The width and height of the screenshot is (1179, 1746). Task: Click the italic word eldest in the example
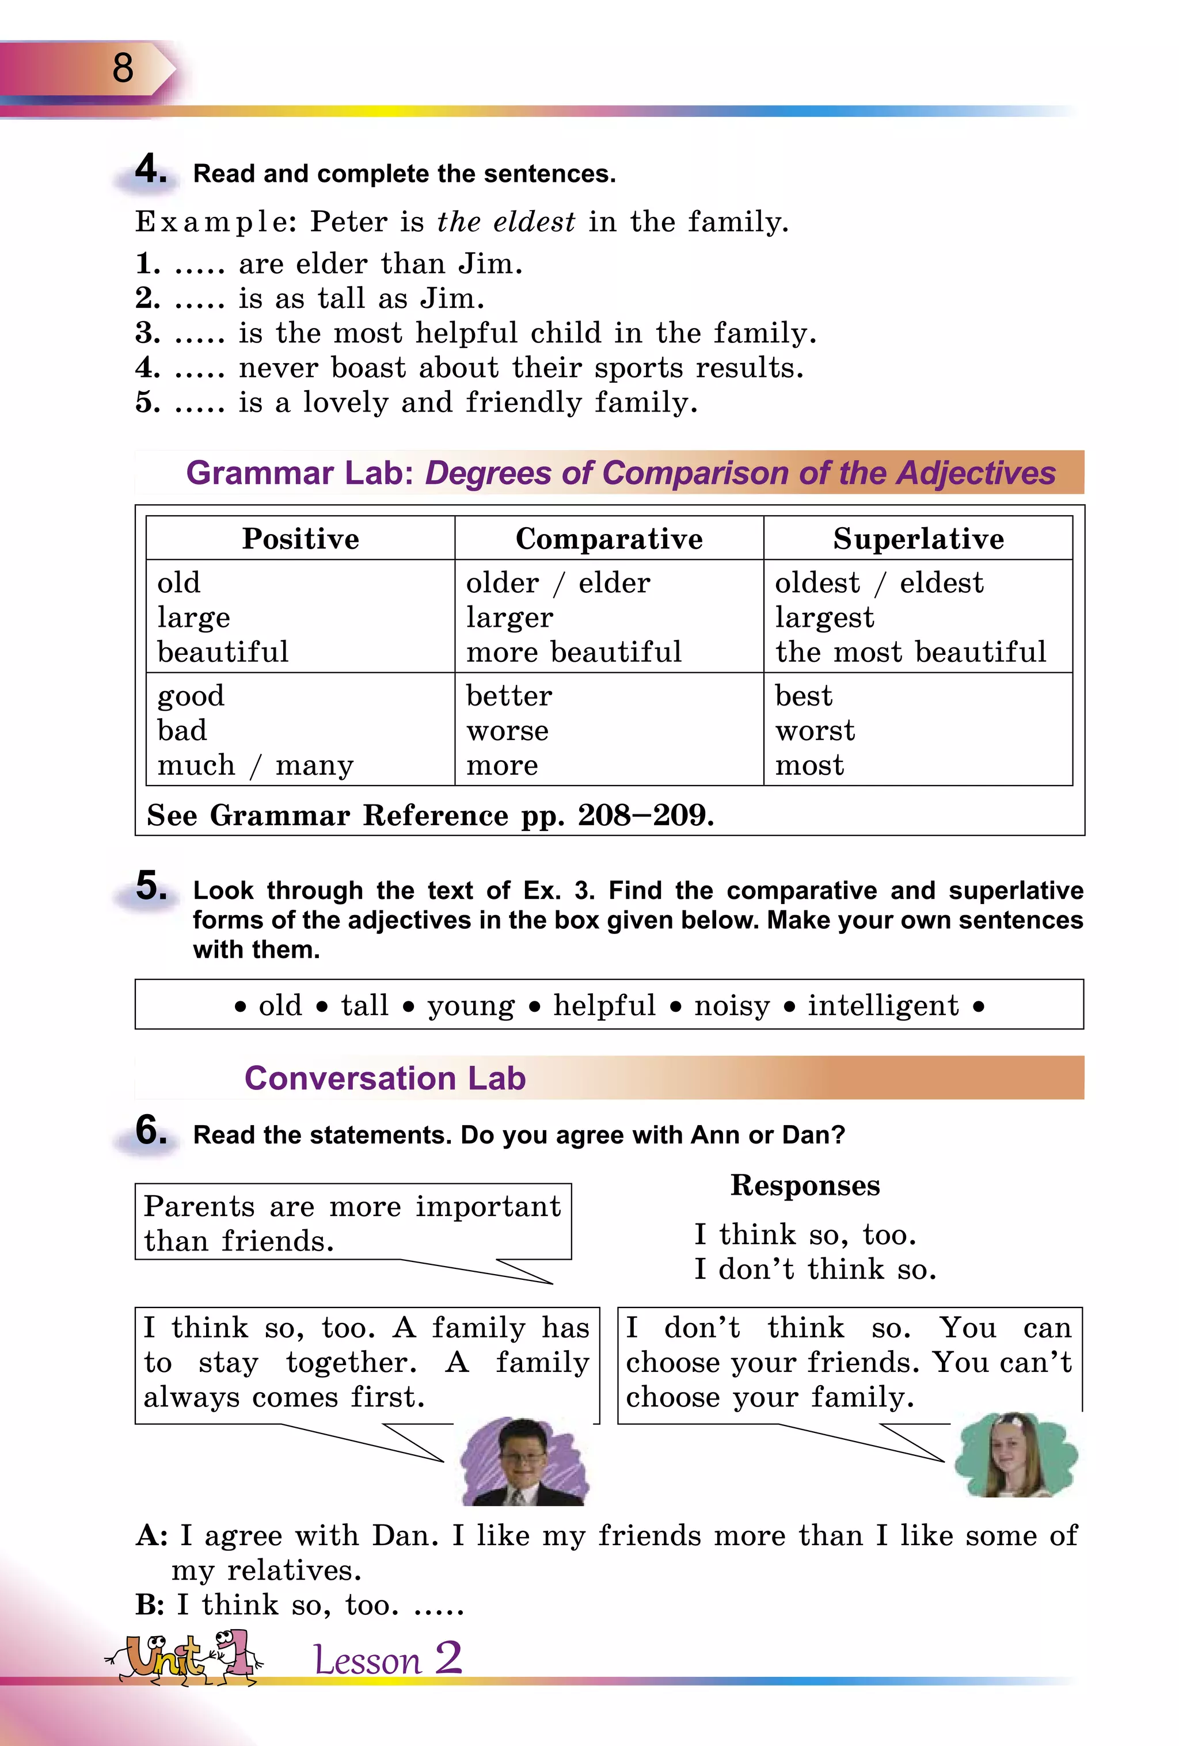pyautogui.click(x=534, y=222)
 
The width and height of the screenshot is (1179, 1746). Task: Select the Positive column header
pyautogui.click(x=301, y=539)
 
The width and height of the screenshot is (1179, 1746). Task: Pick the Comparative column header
pyautogui.click(x=608, y=539)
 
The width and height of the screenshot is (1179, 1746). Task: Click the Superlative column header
pyautogui.click(x=918, y=539)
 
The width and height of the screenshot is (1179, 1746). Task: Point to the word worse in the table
pyautogui.click(x=507, y=730)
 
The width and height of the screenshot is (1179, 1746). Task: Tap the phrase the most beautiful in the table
pyautogui.click(x=910, y=651)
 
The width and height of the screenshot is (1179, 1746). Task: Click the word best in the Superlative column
pyautogui.click(x=803, y=696)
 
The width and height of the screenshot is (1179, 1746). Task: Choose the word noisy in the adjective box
pyautogui.click(x=732, y=1005)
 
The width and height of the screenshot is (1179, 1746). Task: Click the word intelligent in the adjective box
pyautogui.click(x=883, y=1005)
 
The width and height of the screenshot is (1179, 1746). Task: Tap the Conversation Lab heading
pyautogui.click(x=385, y=1078)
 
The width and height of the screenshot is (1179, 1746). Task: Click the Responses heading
pyautogui.click(x=805, y=1185)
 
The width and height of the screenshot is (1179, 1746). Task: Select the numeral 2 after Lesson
pyautogui.click(x=448, y=1657)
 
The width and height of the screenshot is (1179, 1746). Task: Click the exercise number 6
pyautogui.click(x=150, y=1131)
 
